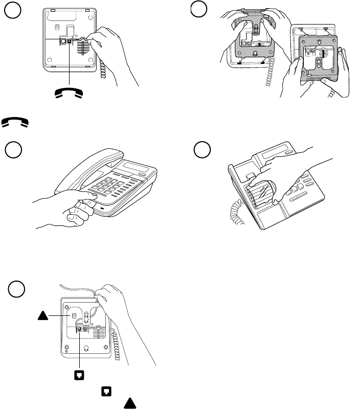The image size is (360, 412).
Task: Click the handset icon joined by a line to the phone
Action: coord(69,92)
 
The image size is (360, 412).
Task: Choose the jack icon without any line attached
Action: coord(106,392)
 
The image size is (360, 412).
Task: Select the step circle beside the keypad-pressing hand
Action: coord(14,151)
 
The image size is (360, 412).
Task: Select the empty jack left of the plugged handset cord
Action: coord(62,41)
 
